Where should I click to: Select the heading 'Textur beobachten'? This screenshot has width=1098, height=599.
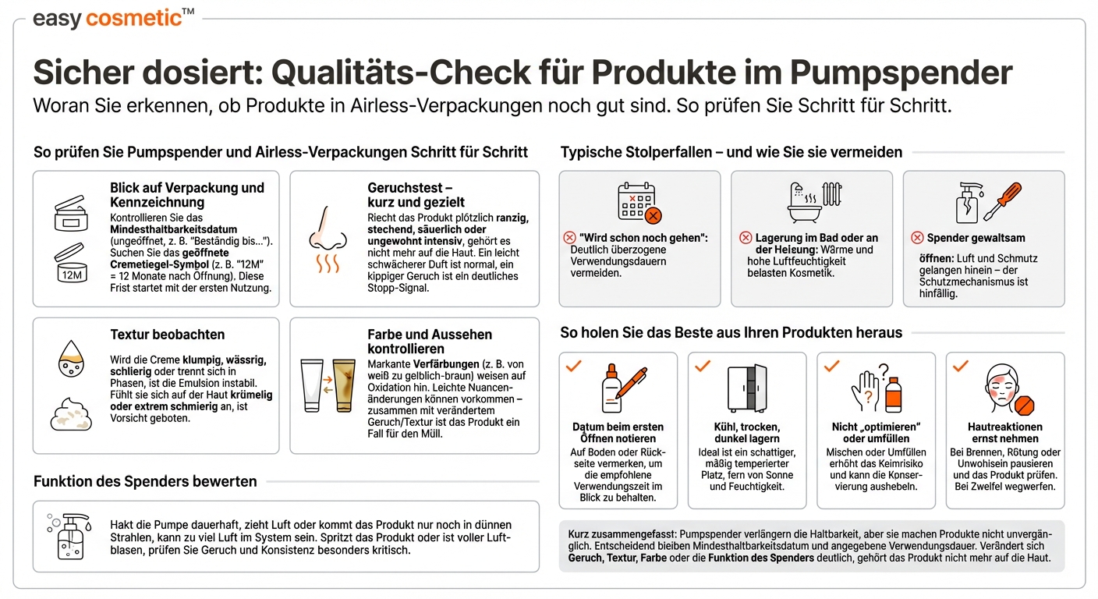tap(167, 335)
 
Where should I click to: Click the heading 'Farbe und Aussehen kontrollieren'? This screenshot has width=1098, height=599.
tap(430, 342)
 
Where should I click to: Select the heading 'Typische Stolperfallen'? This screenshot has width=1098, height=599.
tap(639, 152)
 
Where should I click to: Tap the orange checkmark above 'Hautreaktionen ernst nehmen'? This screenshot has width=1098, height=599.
tap(961, 365)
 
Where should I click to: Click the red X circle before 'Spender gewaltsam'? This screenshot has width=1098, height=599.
tap(916, 237)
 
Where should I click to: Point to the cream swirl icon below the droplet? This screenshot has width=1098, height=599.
tap(71, 415)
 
